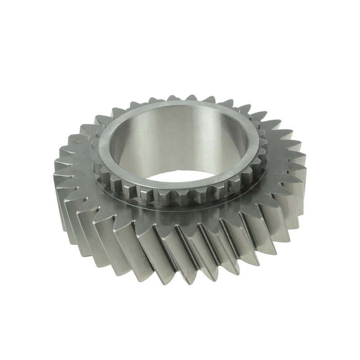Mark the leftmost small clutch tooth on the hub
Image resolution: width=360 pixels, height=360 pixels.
[95, 148]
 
